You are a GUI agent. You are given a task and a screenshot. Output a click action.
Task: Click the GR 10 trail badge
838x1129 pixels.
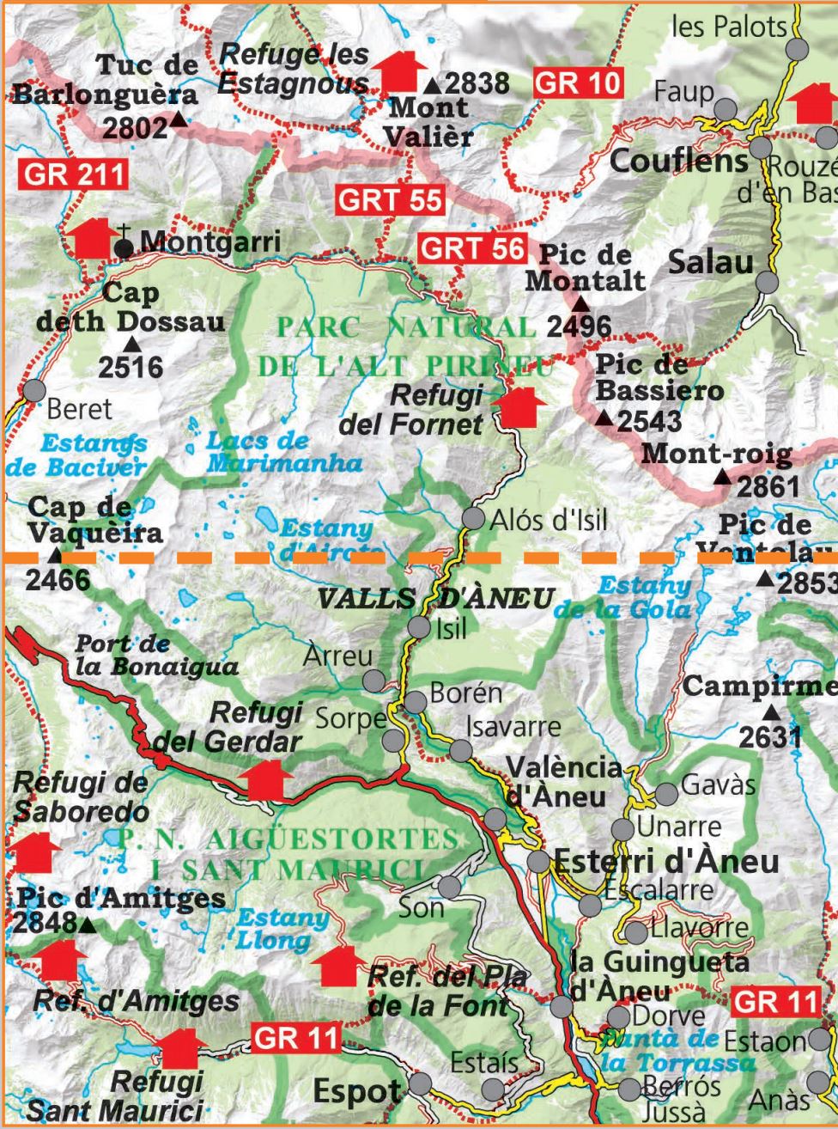[578, 83]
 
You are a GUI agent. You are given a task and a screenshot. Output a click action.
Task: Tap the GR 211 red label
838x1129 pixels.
[73, 174]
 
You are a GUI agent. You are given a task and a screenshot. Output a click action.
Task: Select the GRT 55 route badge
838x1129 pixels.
[390, 199]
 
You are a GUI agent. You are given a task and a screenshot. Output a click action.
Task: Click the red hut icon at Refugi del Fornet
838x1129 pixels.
[522, 406]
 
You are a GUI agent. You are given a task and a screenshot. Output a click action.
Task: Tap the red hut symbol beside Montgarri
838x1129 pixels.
[94, 238]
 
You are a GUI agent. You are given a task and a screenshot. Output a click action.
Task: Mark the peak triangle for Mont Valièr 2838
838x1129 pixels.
[432, 85]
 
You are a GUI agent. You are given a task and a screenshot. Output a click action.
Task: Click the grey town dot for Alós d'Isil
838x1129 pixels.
[473, 518]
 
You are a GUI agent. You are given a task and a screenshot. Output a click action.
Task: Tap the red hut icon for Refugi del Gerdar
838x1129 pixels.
[265, 779]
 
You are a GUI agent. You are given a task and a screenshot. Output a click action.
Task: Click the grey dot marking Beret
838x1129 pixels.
[33, 390]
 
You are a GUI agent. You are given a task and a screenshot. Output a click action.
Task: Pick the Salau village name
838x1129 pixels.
[710, 262]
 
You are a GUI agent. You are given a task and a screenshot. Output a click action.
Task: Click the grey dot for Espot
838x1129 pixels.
[420, 1083]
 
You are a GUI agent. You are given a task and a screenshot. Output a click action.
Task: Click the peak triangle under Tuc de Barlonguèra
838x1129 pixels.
[178, 120]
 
